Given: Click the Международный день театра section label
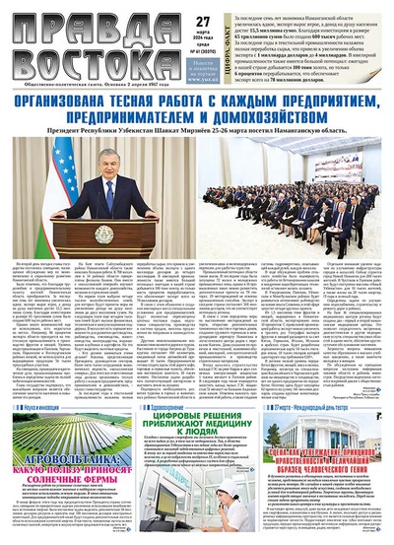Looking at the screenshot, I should click(329, 405).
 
